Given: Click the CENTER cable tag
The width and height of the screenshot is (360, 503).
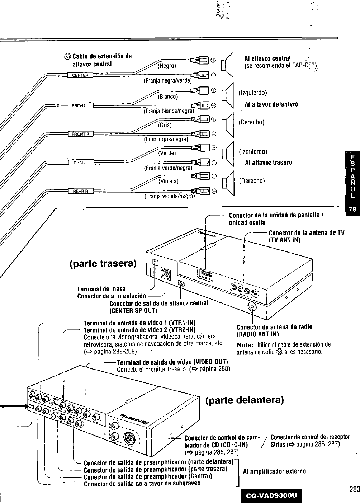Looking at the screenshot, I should click(x=80, y=75).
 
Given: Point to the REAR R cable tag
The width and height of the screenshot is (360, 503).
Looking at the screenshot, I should click(x=81, y=191).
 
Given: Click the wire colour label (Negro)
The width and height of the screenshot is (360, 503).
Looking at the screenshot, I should click(x=167, y=66).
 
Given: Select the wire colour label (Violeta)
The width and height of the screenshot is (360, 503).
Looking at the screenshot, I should click(x=169, y=181).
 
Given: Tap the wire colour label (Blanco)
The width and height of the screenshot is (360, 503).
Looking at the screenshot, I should click(x=167, y=96).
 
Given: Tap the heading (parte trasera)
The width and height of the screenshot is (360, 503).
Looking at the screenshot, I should click(x=103, y=264).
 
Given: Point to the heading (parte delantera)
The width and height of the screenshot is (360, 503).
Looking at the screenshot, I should click(x=245, y=400).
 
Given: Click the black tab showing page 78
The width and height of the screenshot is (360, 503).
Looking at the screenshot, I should click(x=353, y=210).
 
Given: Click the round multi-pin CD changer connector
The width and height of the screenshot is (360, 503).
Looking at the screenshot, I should click(x=129, y=438).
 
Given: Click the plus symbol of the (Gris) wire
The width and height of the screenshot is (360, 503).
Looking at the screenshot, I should click(x=214, y=119).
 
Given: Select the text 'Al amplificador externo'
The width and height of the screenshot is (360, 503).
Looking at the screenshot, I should click(x=274, y=471).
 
